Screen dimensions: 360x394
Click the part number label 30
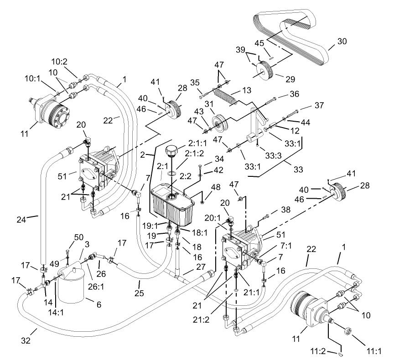point(342,41)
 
